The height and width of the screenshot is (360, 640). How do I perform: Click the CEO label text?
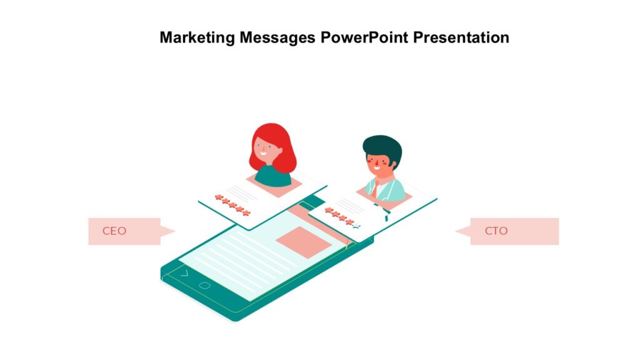click(114, 231)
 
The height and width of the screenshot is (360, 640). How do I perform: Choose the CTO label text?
click(496, 231)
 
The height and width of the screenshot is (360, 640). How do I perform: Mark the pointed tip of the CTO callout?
click(456, 231)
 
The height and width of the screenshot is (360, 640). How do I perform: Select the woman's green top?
click(272, 176)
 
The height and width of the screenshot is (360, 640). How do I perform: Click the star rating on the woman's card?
click(232, 205)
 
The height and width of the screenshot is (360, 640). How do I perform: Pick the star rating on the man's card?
click(340, 216)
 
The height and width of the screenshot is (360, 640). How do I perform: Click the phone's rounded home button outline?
click(204, 286)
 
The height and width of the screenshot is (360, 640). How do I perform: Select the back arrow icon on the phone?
click(184, 273)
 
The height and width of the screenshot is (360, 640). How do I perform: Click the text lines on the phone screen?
click(237, 262)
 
